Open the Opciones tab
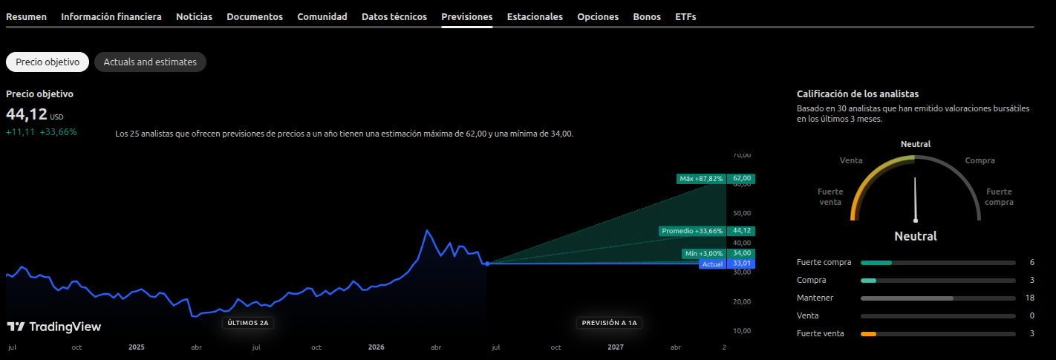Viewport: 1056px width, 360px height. (598, 17)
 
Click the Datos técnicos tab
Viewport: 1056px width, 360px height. (394, 17)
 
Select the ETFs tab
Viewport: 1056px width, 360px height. (685, 17)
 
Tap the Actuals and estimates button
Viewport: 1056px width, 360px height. (150, 62)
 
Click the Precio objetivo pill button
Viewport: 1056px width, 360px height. (47, 62)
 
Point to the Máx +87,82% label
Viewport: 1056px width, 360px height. (701, 179)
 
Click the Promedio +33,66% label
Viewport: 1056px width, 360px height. (692, 231)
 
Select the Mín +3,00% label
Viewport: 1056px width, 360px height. (704, 254)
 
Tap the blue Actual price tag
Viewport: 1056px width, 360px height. (712, 264)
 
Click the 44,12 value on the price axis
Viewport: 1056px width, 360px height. (741, 231)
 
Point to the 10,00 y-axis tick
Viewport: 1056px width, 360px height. (742, 331)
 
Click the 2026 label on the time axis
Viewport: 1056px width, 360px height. (376, 347)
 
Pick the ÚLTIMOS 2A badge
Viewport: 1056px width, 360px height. (248, 323)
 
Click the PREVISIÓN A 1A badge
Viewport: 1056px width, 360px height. (609, 323)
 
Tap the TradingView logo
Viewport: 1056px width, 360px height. (53, 327)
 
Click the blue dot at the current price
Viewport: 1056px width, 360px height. (487, 264)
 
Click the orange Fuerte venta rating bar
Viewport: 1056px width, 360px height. (868, 334)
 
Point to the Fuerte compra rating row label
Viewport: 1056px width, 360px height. (824, 263)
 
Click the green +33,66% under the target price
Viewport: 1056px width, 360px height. (58, 132)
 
